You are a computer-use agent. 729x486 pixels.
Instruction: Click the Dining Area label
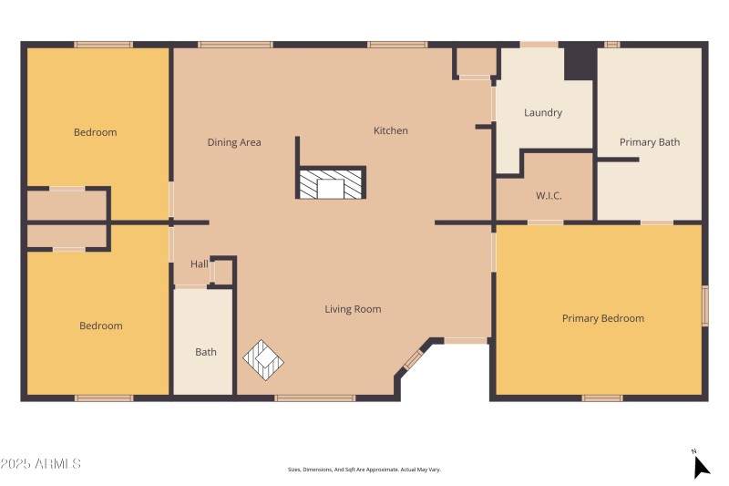[234, 142]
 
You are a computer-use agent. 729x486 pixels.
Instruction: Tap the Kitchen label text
[391, 131]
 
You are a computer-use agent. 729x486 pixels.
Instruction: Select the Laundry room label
[543, 113]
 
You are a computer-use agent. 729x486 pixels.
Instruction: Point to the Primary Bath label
[650, 142]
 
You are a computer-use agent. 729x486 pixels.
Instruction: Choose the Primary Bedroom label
[602, 318]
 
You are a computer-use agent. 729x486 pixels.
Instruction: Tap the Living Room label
[353, 309]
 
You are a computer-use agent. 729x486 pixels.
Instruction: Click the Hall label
[199, 264]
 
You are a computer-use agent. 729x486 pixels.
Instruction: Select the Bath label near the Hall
[206, 352]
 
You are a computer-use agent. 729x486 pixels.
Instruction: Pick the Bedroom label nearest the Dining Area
[96, 132]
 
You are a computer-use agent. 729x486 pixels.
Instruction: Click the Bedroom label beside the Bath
[100, 326]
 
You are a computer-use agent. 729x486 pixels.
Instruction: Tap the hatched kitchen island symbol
[331, 184]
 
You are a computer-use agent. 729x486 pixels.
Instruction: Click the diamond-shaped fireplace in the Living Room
[264, 360]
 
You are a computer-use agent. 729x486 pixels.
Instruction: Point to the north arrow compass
[700, 465]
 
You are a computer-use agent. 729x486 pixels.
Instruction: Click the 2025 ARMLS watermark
[41, 464]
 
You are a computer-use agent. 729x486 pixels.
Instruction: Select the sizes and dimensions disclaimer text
[364, 470]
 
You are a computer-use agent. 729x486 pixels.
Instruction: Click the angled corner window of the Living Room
[413, 360]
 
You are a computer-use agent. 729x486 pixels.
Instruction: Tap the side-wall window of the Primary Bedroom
[704, 306]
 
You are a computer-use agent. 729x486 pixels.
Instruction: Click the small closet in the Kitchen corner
[475, 62]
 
